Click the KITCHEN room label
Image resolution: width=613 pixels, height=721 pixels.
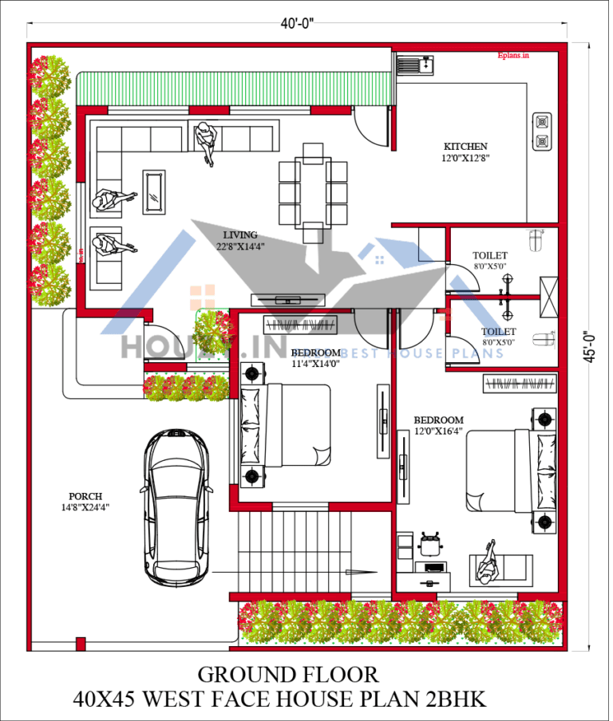coord(465,147)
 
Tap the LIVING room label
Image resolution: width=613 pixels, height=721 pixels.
coord(239,235)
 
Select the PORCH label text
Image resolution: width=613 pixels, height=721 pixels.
coord(85,495)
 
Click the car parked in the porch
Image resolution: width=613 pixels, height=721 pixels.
coord(176,499)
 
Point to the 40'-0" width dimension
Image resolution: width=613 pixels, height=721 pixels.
coord(297,23)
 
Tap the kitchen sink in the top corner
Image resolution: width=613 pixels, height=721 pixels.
coord(414,62)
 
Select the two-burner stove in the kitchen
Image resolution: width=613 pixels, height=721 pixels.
coord(542,132)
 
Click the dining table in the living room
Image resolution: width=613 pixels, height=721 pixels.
coord(313,190)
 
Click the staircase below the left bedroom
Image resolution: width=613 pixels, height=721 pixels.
coord(295,550)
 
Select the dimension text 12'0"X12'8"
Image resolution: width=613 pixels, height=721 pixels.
coord(465,158)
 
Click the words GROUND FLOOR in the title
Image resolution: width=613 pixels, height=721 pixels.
coord(288,675)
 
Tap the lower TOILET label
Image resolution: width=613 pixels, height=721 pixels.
coord(498,331)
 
